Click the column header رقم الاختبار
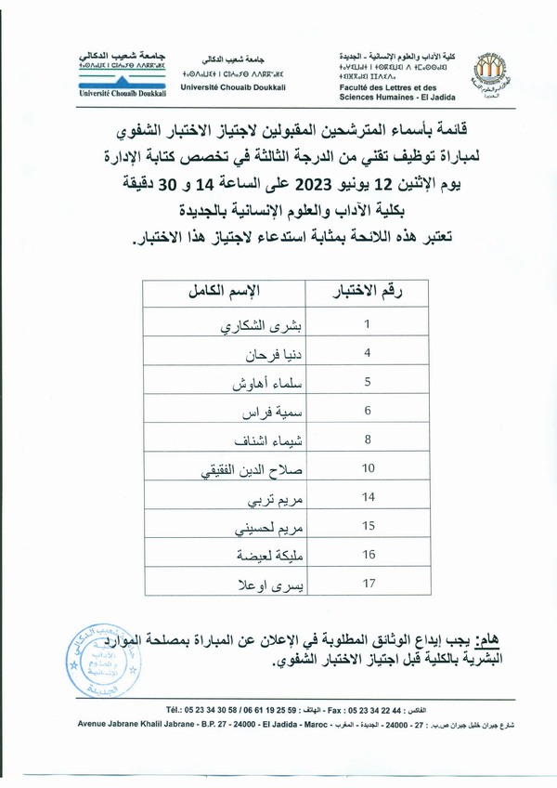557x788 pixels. (x=367, y=295)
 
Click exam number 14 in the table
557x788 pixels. (x=368, y=497)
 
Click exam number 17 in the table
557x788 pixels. (x=368, y=584)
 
